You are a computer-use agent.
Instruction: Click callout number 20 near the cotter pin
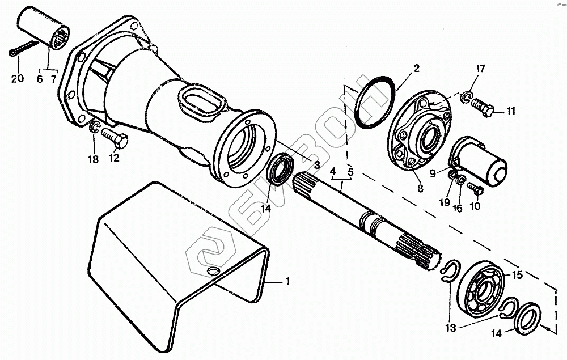point(17,79)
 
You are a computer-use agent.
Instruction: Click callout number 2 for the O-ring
point(416,69)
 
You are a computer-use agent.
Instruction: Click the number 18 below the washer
point(93,159)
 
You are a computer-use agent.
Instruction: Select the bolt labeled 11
point(484,106)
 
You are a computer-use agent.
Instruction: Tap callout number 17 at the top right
point(481,69)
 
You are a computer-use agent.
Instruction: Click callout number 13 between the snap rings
point(450,328)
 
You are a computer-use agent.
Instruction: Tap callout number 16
point(458,207)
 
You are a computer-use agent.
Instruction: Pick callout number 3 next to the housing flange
point(317,164)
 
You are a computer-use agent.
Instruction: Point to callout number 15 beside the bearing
point(517,276)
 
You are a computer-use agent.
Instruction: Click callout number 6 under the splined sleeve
point(40,79)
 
